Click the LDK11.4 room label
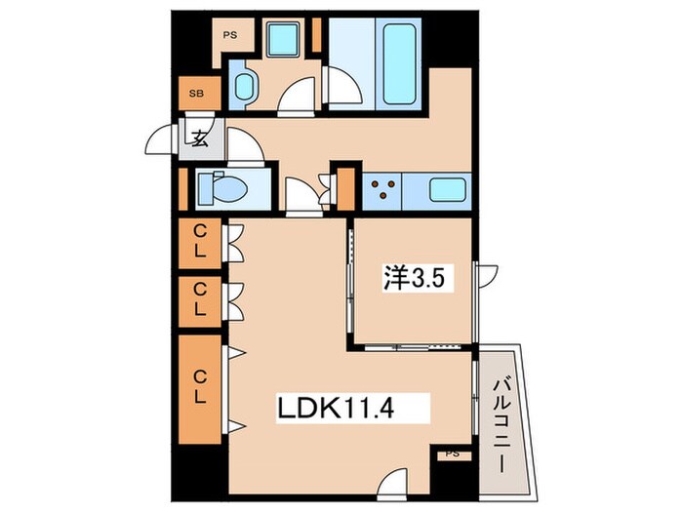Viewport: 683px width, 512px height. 336,409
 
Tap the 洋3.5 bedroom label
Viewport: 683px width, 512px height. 414,277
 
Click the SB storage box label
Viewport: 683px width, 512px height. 196,94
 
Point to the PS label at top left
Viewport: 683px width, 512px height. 230,35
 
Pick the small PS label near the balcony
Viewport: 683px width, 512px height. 453,454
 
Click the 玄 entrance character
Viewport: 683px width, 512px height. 200,138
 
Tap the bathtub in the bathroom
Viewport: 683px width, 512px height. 399,64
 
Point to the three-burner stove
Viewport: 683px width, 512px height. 382,189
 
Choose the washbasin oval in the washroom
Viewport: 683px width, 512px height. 244,87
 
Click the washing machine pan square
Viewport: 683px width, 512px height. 283,40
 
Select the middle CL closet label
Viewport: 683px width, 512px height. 199,299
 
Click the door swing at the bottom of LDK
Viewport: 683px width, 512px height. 392,483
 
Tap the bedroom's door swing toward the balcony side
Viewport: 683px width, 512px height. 488,276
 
